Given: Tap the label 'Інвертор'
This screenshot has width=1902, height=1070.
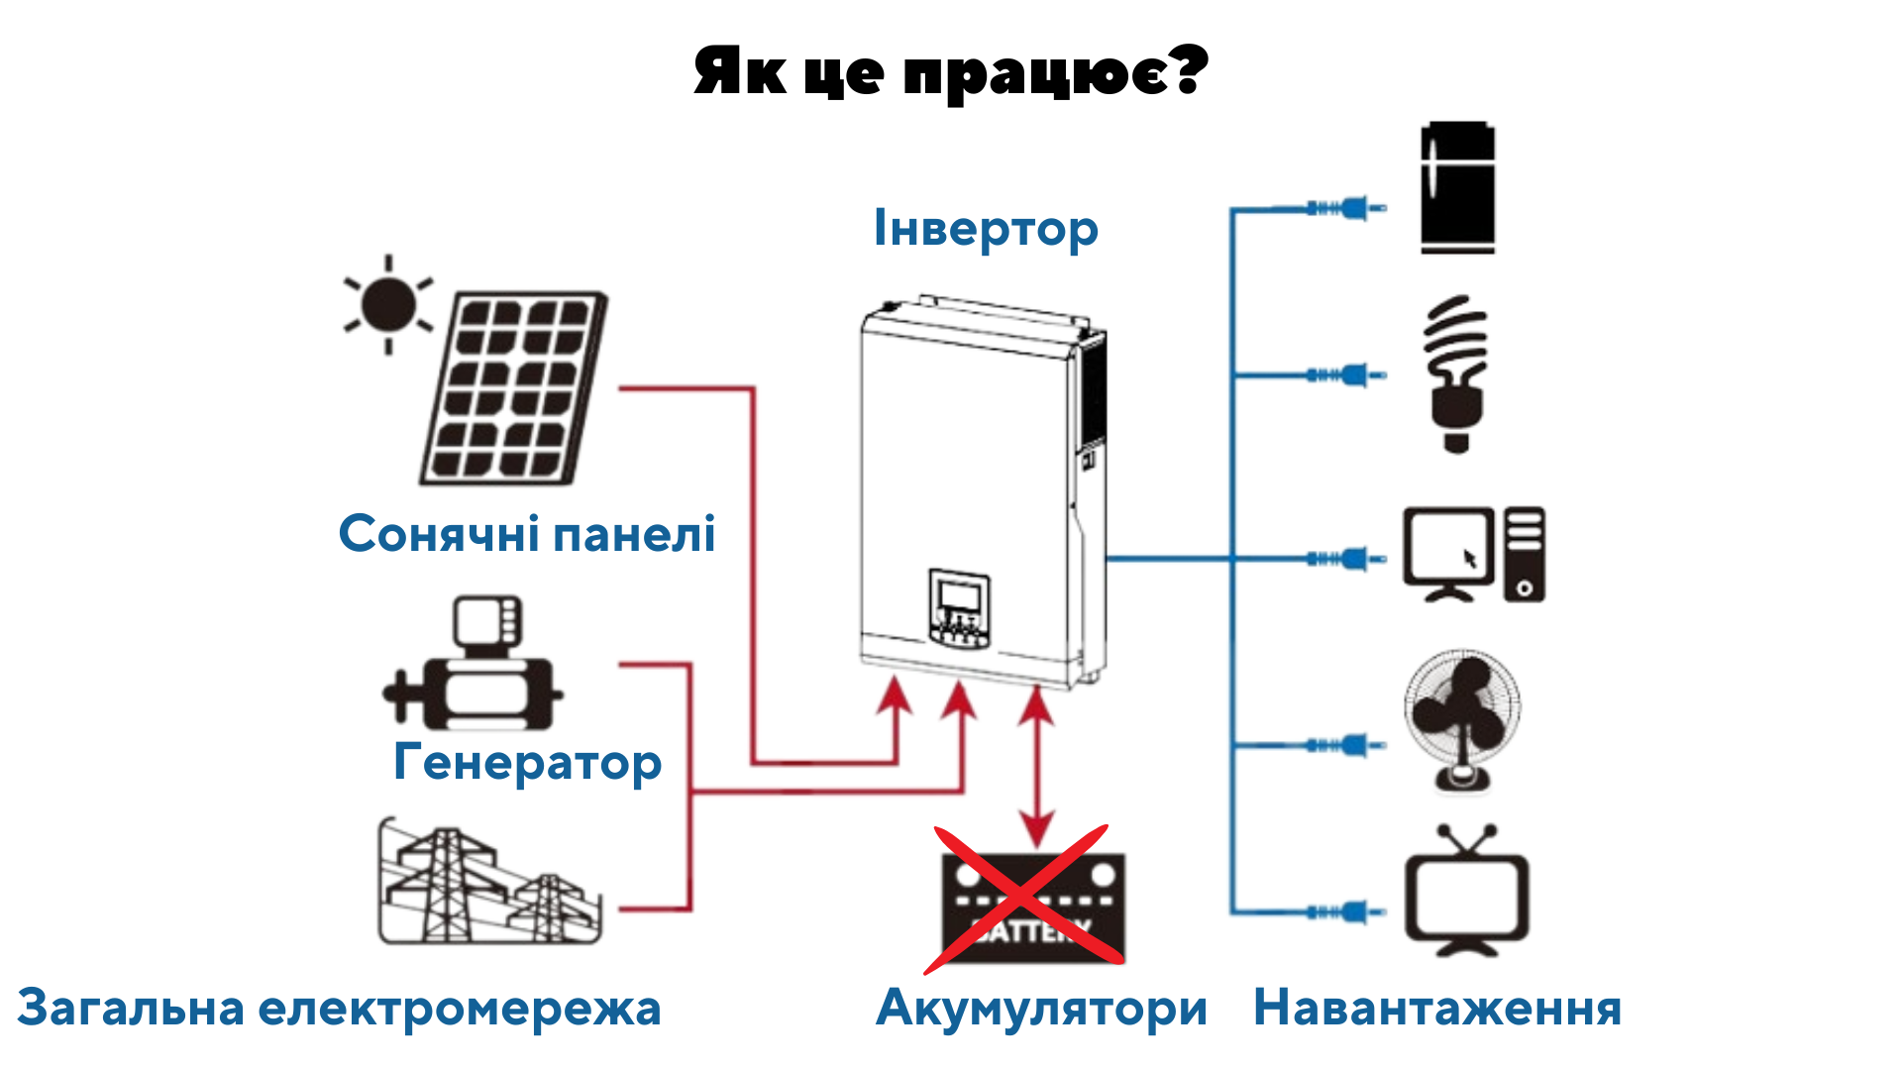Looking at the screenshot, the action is pyautogui.click(x=986, y=229).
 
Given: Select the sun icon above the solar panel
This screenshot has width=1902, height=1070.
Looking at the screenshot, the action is pyautogui.click(x=388, y=303).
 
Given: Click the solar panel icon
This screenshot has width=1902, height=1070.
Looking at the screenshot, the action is pyautogui.click(x=513, y=387).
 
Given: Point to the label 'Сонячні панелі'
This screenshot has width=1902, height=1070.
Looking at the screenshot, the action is pyautogui.click(x=527, y=534).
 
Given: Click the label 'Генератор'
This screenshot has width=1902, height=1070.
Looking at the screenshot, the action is pyautogui.click(x=528, y=762).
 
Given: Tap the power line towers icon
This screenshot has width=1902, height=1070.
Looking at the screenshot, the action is pyautogui.click(x=489, y=881).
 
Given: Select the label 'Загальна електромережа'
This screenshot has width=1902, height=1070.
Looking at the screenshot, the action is pyautogui.click(x=339, y=1009).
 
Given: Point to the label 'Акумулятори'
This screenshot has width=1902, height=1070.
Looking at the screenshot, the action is pyautogui.click(x=1042, y=1009).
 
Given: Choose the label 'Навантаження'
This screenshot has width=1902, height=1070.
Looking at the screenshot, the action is pyautogui.click(x=1437, y=1009).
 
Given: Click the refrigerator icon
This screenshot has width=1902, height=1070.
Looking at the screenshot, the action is pyautogui.click(x=1458, y=187).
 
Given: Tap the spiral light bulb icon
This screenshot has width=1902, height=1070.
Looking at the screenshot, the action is pyautogui.click(x=1455, y=374).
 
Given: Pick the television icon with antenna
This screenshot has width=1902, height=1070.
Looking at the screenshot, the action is pyautogui.click(x=1467, y=890).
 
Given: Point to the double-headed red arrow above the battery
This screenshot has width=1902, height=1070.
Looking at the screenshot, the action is pyautogui.click(x=1036, y=769).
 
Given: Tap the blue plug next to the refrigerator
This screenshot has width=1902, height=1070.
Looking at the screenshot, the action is pyautogui.click(x=1346, y=208).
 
